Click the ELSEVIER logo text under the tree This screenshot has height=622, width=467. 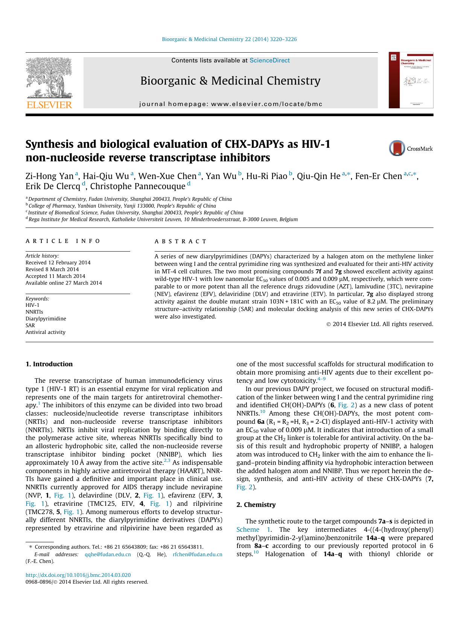pos(49,105)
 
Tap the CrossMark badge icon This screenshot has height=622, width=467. pos(397,149)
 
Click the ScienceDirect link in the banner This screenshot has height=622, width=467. pos(269,61)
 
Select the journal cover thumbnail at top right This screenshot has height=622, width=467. pos(411,80)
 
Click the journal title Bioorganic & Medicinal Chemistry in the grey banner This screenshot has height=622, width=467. pos(230,81)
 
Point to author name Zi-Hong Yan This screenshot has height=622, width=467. pos(49,176)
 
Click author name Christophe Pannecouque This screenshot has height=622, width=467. pos(138,186)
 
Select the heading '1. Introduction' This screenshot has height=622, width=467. pos(49,364)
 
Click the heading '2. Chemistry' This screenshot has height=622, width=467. pos(256,505)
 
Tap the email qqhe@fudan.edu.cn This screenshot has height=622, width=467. pos(108,554)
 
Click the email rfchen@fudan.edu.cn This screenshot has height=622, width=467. pos(198,554)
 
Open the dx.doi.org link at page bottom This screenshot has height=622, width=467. pos(78,575)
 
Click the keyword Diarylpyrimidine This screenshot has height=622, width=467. pos(46,319)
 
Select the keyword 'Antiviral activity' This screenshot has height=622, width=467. pos(45,332)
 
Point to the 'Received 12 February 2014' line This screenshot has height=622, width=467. pos(58,262)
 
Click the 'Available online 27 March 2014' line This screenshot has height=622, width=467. pos(64,283)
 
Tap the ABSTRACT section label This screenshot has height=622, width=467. pos(181,241)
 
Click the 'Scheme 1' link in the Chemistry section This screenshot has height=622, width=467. pos(253,529)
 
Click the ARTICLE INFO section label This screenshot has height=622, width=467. pos(63,241)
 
